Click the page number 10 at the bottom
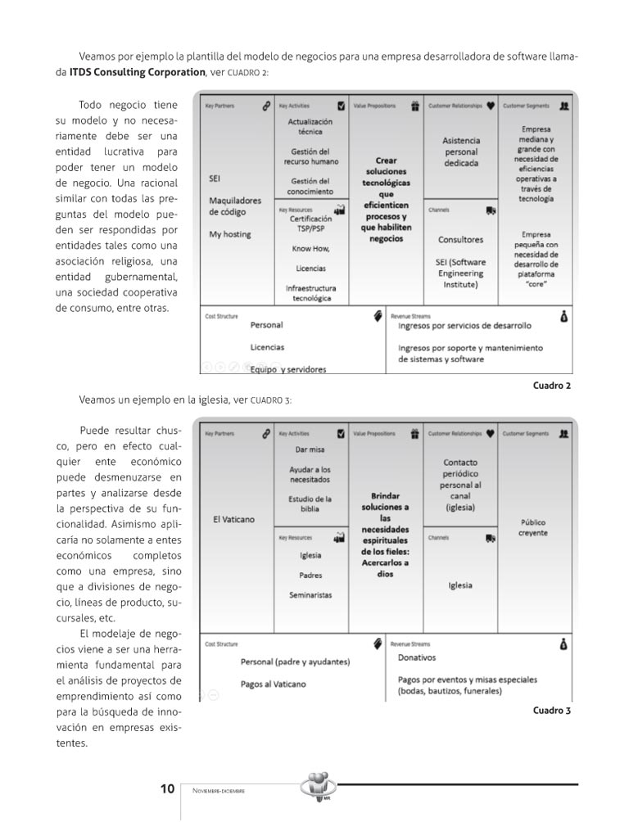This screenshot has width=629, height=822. pos(167,789)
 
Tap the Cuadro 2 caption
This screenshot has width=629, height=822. pos(551,385)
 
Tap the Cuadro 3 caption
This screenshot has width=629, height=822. pos(551,711)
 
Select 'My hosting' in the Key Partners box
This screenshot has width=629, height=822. pos(230,235)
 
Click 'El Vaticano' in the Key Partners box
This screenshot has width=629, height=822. pos(233,519)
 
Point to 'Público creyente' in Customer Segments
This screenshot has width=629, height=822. pos(532,528)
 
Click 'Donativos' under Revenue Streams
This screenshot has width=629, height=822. pos(417,657)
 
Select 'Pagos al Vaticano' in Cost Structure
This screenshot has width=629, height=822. pos(273,684)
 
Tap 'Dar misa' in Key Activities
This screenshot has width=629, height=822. pos(310,449)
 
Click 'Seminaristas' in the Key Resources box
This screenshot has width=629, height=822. pos(310,595)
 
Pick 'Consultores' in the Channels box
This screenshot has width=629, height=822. pos(460,240)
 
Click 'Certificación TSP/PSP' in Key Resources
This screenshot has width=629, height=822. pos(310,224)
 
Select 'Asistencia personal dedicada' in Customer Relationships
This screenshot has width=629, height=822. pos(461,151)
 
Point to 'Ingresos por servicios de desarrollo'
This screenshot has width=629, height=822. pos(464,326)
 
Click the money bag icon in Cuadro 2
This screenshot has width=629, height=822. pos(563,316)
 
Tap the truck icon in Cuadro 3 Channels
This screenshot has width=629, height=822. pos(490,538)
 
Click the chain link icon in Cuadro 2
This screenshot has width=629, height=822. pos(265,106)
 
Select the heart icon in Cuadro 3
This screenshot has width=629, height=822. pos(490,433)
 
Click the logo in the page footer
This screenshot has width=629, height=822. pos(319,787)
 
